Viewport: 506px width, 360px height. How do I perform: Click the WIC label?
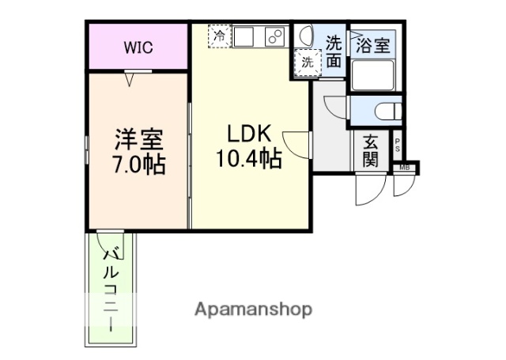tap(138, 47)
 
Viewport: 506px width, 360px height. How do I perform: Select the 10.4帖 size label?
tap(248, 160)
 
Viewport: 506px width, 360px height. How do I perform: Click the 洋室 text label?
tap(138, 141)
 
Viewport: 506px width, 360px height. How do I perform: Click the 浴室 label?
tap(372, 45)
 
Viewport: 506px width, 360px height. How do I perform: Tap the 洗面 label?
tap(335, 50)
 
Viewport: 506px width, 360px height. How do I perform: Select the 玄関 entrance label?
tap(370, 150)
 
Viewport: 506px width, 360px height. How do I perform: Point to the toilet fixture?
tap(387, 111)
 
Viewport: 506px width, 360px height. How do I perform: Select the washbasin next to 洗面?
tap(304, 36)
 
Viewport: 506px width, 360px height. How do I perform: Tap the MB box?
tap(405, 167)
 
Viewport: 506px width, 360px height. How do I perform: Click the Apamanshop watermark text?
tap(253, 309)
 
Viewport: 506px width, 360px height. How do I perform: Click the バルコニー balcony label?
tap(111, 289)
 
